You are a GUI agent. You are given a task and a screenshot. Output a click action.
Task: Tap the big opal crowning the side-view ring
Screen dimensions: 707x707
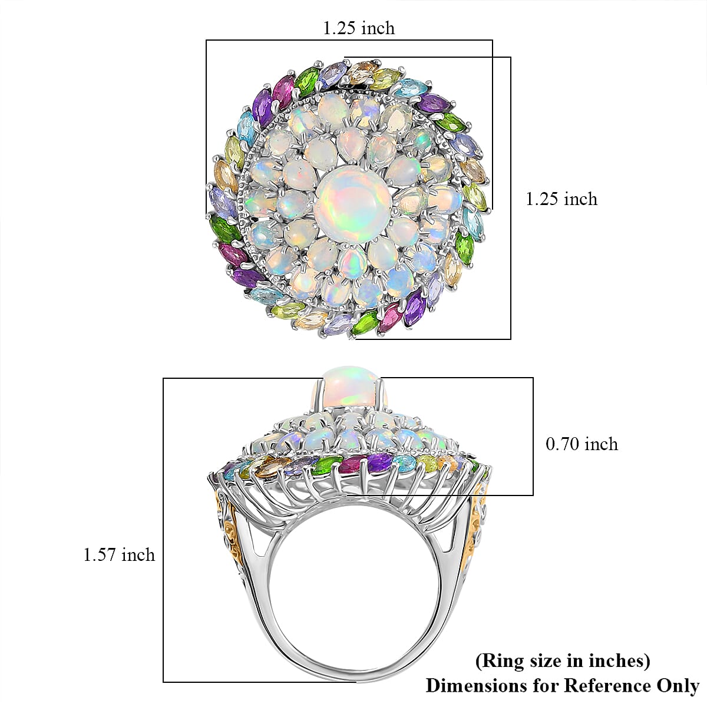[x=349, y=388]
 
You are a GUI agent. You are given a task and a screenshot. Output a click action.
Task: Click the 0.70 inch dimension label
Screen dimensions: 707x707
[x=582, y=444]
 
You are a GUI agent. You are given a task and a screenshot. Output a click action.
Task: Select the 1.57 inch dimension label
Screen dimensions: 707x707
[x=119, y=554]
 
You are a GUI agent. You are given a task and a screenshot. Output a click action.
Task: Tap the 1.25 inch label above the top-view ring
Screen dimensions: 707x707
[x=359, y=28]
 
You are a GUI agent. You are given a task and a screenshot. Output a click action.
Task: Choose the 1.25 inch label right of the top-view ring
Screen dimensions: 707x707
[x=561, y=199]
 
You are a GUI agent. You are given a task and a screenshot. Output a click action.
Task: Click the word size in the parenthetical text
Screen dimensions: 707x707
[x=534, y=661]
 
